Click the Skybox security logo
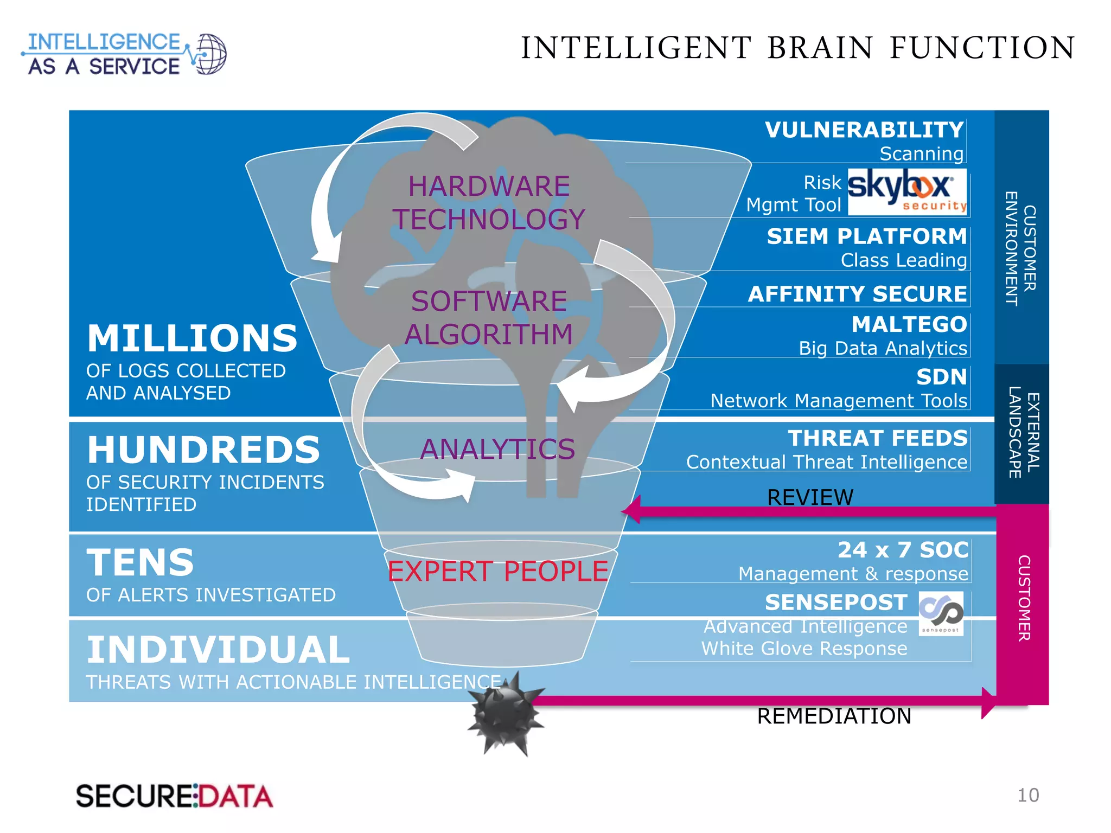906,191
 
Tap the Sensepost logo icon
941,613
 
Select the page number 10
1027,795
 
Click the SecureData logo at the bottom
174,796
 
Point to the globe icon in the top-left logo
209,54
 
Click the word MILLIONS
192,338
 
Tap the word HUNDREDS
203,450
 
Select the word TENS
140,562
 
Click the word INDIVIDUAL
218,650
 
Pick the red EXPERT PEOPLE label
497,571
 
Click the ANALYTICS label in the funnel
497,449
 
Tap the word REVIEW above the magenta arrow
810,497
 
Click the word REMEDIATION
834,716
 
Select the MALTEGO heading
909,324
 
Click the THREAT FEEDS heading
877,438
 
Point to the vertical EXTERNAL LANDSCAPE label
1024,432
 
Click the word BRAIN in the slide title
820,48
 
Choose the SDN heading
941,377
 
